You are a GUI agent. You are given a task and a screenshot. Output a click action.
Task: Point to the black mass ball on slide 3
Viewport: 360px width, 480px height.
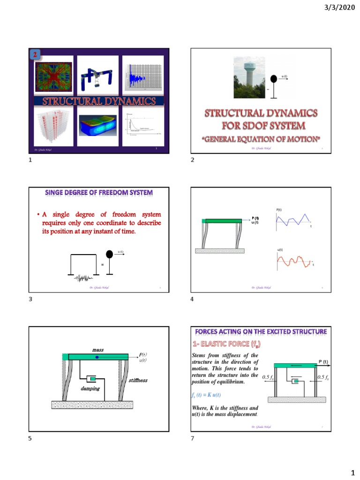[110, 255]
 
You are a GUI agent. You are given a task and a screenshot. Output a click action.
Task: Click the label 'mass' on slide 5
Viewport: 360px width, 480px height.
[97, 350]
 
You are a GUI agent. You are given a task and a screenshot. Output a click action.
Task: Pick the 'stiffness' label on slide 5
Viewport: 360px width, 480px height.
[138, 380]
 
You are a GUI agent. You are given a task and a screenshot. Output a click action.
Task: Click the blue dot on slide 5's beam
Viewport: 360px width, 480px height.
[97, 357]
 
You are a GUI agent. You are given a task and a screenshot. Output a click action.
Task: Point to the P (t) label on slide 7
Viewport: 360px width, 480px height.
[323, 361]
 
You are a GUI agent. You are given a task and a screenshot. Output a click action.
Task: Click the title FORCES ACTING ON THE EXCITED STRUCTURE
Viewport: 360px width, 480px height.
[261, 332]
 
